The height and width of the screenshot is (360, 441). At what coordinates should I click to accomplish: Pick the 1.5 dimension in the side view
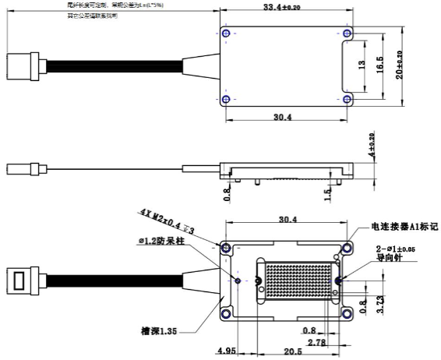click(x=329, y=191)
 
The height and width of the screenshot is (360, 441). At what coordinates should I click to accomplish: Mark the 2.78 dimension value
click(x=316, y=342)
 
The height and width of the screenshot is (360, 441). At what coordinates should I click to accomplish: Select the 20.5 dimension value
click(x=293, y=351)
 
